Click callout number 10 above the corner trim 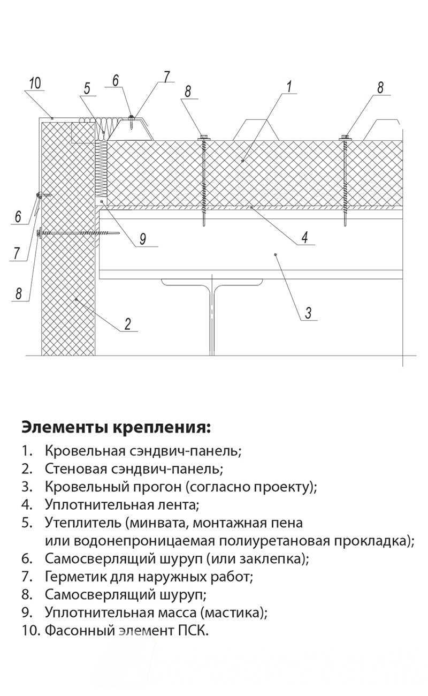pyautogui.click(x=35, y=83)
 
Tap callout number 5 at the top pyautogui.click(x=87, y=88)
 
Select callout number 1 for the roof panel pyautogui.click(x=289, y=86)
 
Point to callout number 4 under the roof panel pyautogui.click(x=304, y=237)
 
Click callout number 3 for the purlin pyautogui.click(x=308, y=313)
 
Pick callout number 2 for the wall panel pyautogui.click(x=128, y=324)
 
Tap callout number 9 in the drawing pyautogui.click(x=142, y=239)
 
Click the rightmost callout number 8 pyautogui.click(x=380, y=87)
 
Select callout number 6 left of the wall pyautogui.click(x=18, y=217)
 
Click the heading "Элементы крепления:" pyautogui.click(x=116, y=428)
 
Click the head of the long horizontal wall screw pyautogui.click(x=40, y=233)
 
